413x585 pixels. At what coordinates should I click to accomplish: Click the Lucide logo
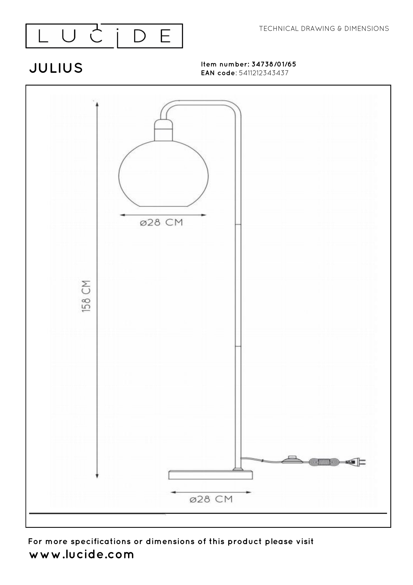104,36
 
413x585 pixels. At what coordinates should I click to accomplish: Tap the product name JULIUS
56,68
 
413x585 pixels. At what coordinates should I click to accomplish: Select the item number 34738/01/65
274,64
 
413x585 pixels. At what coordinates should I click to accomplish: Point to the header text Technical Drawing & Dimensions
324,29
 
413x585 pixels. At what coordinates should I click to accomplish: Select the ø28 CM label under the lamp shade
162,223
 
